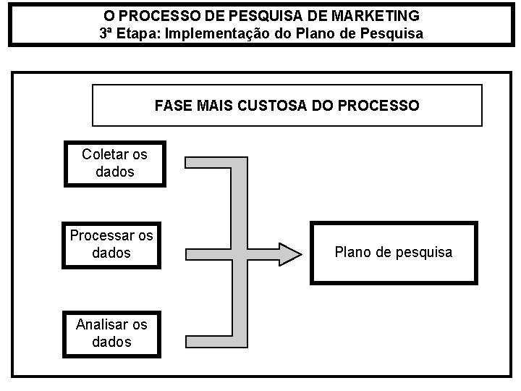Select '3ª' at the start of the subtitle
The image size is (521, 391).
(x=107, y=33)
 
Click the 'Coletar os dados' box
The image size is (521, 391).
(x=114, y=163)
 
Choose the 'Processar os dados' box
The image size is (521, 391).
(x=111, y=244)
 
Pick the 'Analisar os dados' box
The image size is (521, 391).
(x=112, y=333)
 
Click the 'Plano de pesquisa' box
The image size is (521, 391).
(x=394, y=253)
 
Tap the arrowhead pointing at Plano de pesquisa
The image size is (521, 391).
(x=290, y=253)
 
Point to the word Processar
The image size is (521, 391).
(x=102, y=235)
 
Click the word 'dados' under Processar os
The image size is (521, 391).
(x=112, y=253)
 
